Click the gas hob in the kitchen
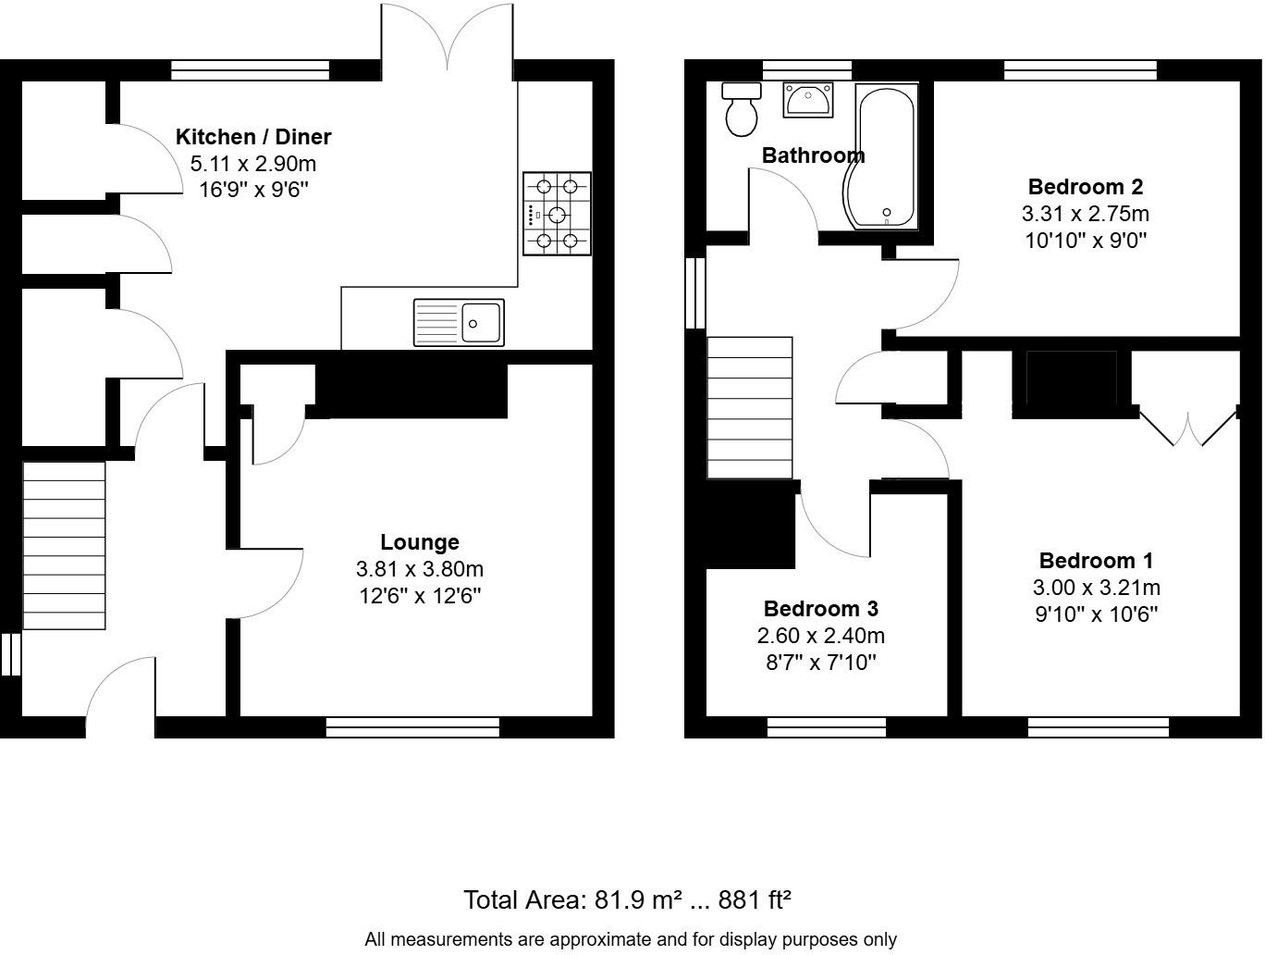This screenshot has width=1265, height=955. (557, 214)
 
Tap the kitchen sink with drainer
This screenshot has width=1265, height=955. (459, 322)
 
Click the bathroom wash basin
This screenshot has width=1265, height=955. (808, 100)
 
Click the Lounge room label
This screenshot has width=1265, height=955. (419, 542)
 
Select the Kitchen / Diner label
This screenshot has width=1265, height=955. (253, 137)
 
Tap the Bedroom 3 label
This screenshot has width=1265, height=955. (820, 609)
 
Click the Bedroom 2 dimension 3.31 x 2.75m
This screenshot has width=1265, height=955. (1085, 214)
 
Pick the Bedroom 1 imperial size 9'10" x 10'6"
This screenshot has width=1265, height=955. (1096, 614)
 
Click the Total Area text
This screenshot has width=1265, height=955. (627, 899)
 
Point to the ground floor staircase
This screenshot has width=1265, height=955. (64, 546)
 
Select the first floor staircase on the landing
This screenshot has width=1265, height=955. (750, 407)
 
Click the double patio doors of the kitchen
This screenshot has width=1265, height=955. (448, 37)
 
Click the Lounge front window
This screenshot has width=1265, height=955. (412, 727)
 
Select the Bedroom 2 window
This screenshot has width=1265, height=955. (1080, 70)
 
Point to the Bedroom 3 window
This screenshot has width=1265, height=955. (827, 727)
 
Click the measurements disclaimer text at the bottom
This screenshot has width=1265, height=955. (631, 939)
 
